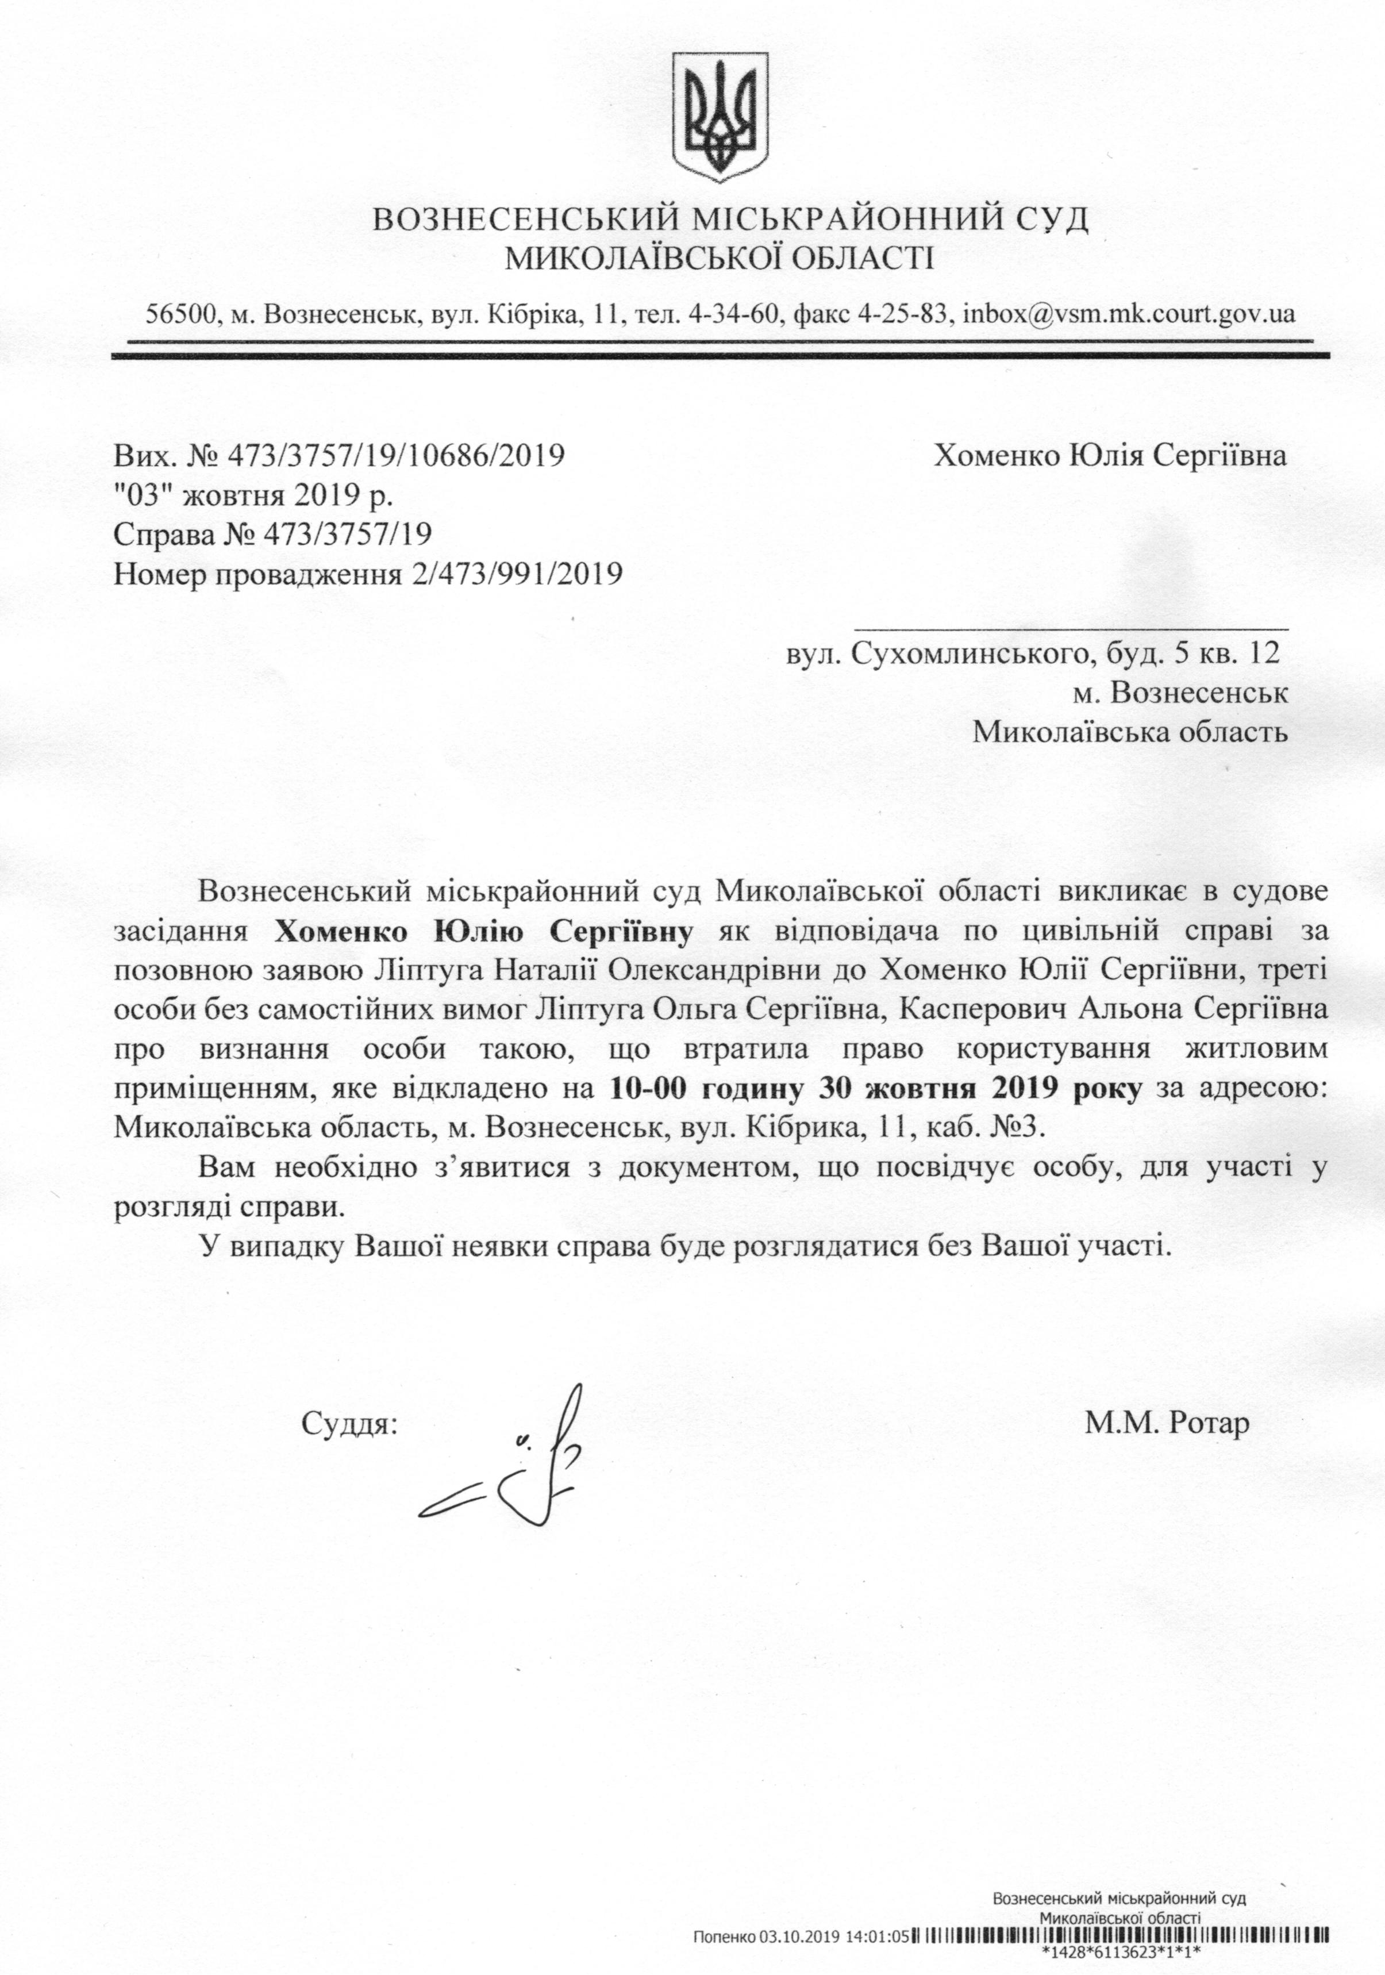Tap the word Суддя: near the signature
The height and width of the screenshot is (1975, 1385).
tap(350, 1424)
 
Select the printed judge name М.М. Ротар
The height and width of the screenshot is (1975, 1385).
tap(1167, 1424)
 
